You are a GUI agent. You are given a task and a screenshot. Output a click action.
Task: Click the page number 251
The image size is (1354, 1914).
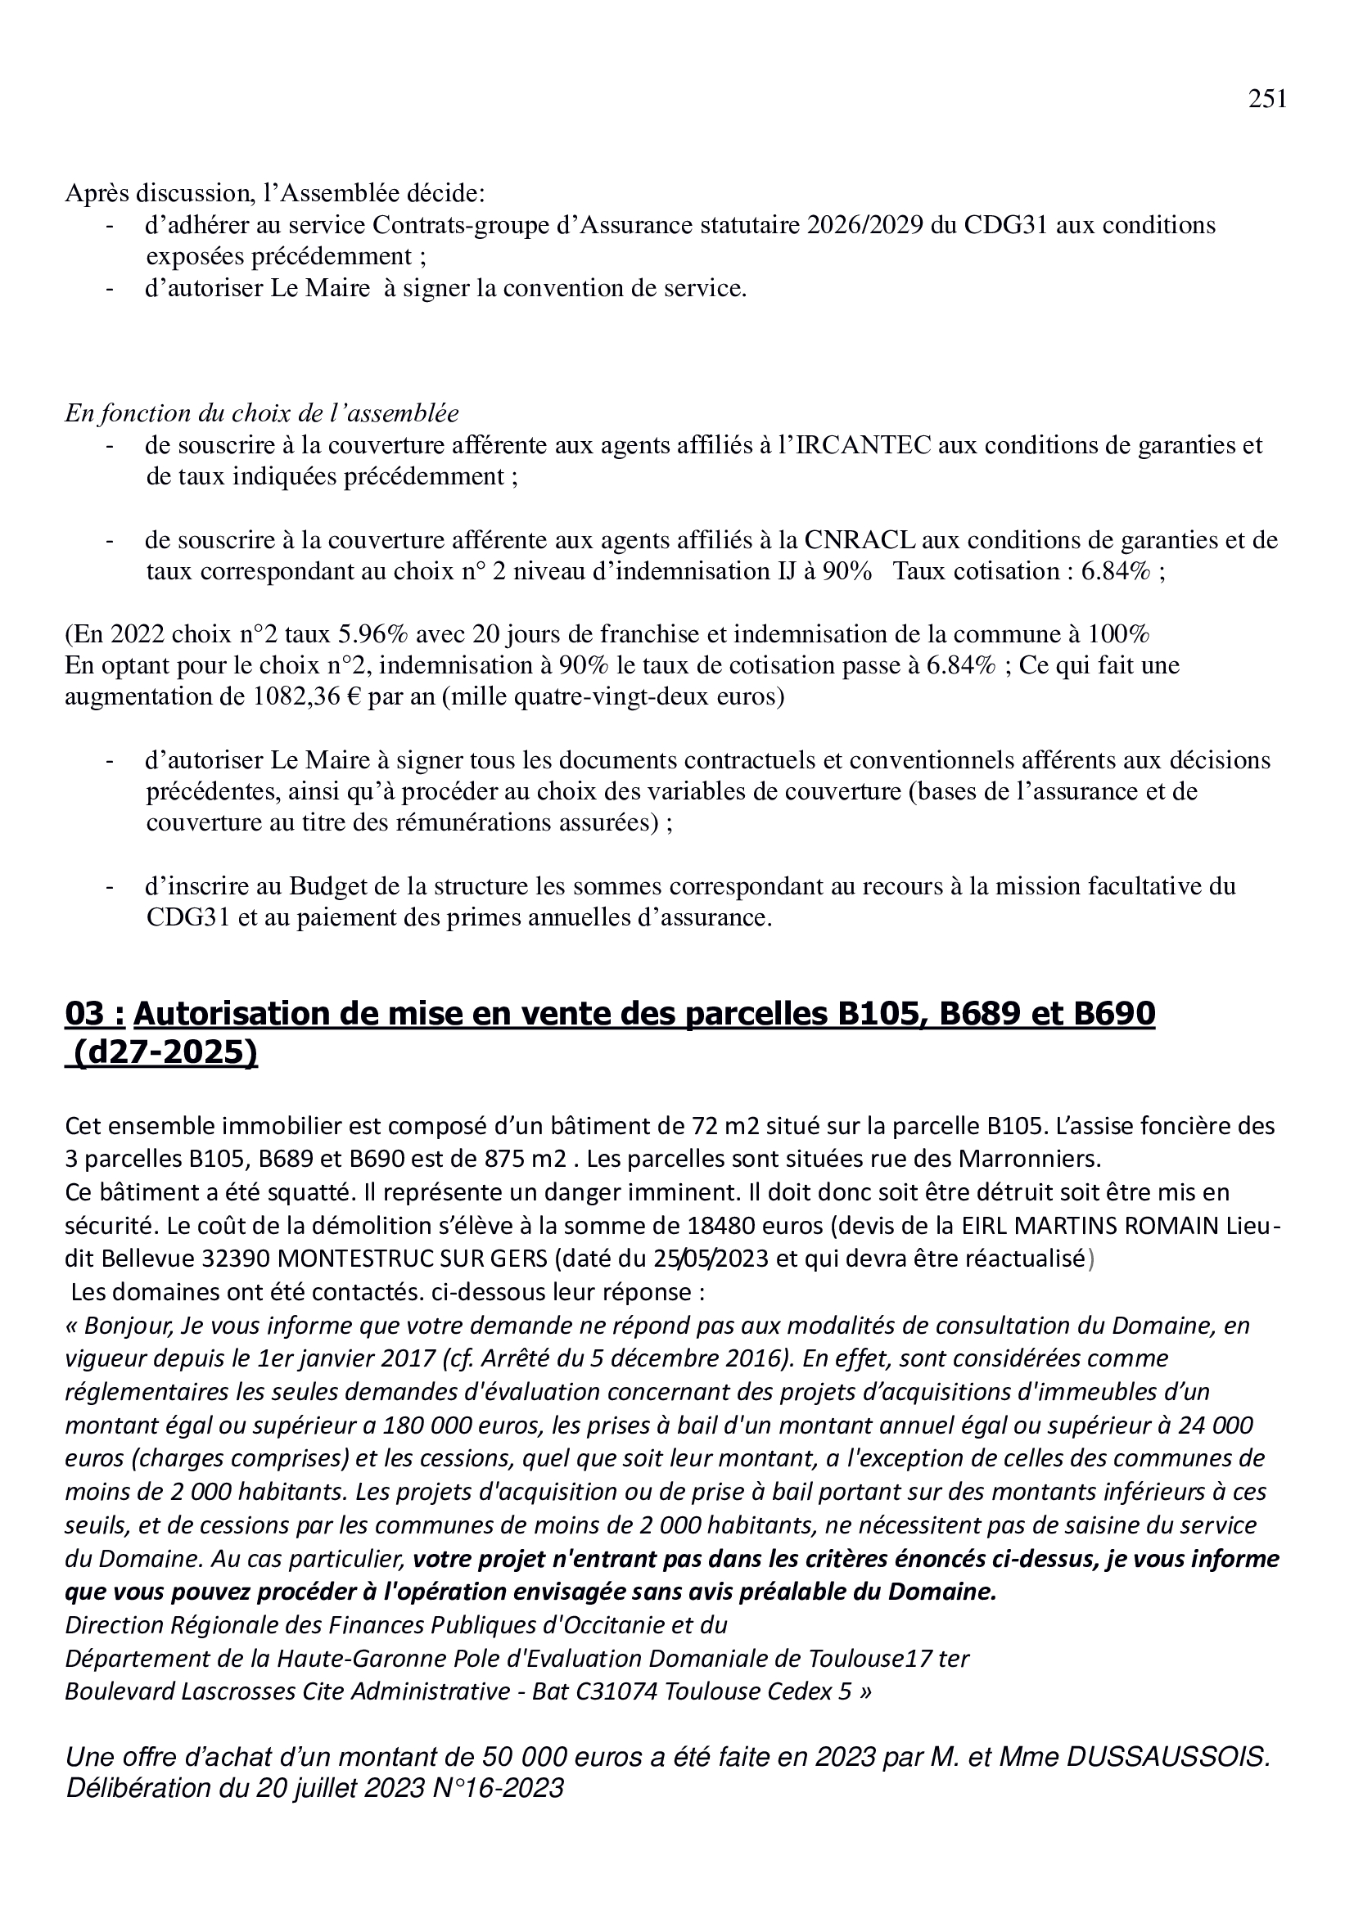(1266, 99)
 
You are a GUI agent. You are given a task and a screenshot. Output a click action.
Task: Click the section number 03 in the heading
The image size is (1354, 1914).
(85, 1015)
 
